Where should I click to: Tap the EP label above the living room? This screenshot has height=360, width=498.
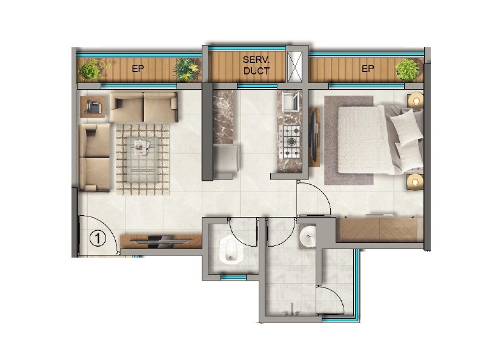click(138, 69)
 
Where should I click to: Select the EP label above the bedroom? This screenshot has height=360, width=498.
click(368, 69)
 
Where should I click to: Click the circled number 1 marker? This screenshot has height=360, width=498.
click(98, 238)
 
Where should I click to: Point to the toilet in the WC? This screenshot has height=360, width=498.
click(229, 250)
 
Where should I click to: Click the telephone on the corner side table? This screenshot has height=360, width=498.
click(94, 107)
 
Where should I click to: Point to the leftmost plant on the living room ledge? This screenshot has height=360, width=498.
click(90, 70)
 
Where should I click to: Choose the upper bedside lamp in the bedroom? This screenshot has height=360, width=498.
click(415, 100)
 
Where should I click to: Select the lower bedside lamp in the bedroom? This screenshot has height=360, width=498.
click(415, 180)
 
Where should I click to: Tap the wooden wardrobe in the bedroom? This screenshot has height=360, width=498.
click(379, 229)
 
